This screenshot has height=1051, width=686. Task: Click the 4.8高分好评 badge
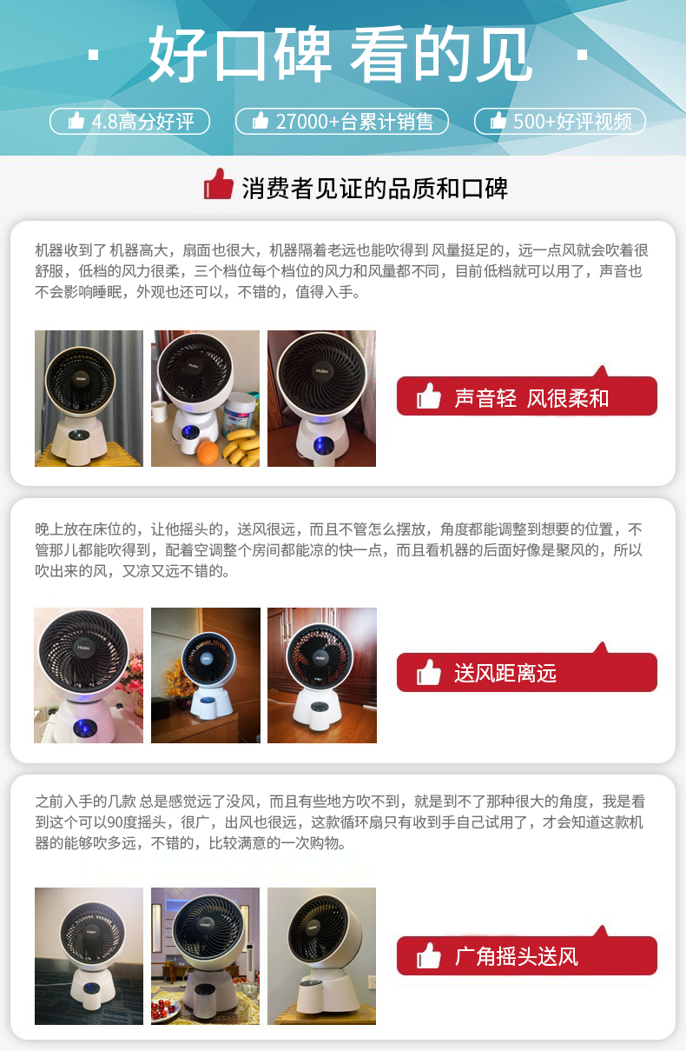tap(129, 122)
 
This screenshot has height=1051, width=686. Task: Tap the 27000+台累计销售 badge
tap(342, 122)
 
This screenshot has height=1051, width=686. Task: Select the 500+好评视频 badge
tap(560, 122)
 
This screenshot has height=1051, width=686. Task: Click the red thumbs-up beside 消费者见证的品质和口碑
tap(218, 184)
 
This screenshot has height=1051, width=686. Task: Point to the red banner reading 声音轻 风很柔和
tap(527, 395)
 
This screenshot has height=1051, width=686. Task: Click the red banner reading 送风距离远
tap(527, 671)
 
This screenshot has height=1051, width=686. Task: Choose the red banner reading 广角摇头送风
tap(527, 955)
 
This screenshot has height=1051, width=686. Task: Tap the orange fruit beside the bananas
tap(208, 451)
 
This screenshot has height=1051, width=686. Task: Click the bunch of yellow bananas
tap(242, 447)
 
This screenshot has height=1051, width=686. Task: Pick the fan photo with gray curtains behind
tap(89, 398)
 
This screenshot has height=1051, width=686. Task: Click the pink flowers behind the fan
tap(131, 671)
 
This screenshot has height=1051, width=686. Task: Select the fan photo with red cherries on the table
tap(205, 955)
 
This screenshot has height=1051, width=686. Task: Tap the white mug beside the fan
tap(159, 411)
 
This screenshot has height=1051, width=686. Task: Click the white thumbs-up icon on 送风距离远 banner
tap(429, 672)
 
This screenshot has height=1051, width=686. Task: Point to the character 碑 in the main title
tap(303, 54)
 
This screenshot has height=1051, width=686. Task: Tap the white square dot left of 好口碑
tap(94, 55)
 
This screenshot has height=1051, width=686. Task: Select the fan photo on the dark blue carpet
tap(89, 955)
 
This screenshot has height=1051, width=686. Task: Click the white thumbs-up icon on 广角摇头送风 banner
tap(429, 955)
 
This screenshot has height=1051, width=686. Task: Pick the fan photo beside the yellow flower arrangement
tap(205, 675)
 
